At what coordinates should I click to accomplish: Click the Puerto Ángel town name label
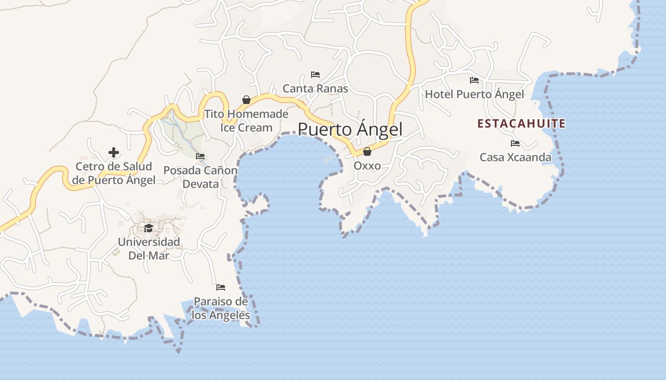(350, 129)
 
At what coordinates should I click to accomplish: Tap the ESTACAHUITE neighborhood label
(521, 124)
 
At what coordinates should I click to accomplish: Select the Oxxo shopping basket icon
(367, 152)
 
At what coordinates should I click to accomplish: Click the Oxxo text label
(367, 166)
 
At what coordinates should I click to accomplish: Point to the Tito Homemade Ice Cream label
(246, 121)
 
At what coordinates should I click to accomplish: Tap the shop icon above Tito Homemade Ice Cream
(246, 100)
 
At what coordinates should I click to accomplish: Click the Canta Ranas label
(315, 89)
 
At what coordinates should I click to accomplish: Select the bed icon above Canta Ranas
(315, 75)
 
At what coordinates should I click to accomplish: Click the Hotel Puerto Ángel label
(474, 95)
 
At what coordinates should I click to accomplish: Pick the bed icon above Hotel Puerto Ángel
(474, 80)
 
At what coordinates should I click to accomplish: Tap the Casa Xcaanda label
(515, 157)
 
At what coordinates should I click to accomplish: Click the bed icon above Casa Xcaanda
(515, 143)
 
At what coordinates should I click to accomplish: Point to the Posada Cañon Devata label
(200, 177)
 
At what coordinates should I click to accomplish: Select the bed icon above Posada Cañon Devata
(200, 156)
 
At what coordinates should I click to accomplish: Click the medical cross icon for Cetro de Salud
(114, 152)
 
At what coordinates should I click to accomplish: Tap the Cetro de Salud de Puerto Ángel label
(114, 173)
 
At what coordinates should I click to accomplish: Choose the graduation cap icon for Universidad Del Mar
(149, 228)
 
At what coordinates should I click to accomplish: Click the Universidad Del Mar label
(149, 248)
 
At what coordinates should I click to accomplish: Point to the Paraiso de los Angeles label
(221, 308)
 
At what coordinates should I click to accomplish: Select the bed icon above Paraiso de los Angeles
(221, 287)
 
